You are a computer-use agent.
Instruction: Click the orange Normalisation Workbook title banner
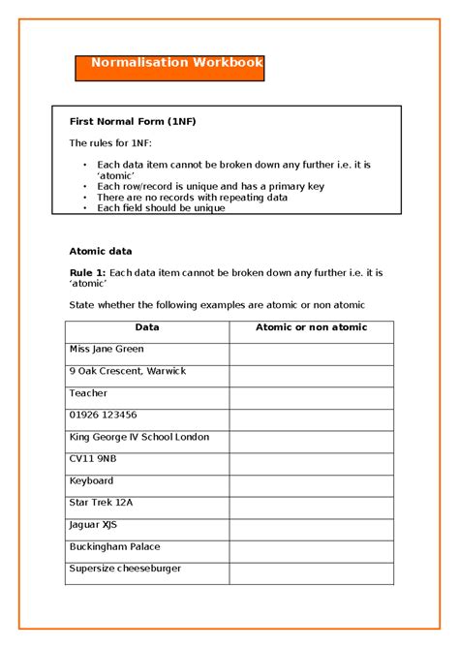169,68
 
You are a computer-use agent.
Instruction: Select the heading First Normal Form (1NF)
133,122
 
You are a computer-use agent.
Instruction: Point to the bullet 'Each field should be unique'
161,208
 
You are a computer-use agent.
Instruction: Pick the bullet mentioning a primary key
210,186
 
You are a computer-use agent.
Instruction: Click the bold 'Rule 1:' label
87,273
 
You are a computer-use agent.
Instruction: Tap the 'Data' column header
147,327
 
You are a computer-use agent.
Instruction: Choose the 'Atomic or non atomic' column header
311,327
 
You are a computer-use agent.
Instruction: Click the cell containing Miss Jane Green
106,350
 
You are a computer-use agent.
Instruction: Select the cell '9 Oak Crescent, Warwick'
127,372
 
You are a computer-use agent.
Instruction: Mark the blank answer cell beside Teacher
311,394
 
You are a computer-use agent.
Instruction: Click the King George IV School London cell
138,438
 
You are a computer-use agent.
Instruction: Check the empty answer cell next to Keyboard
311,481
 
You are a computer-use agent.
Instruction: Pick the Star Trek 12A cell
101,503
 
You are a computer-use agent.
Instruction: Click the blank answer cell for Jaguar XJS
311,525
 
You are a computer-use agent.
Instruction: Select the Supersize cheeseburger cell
125,569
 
